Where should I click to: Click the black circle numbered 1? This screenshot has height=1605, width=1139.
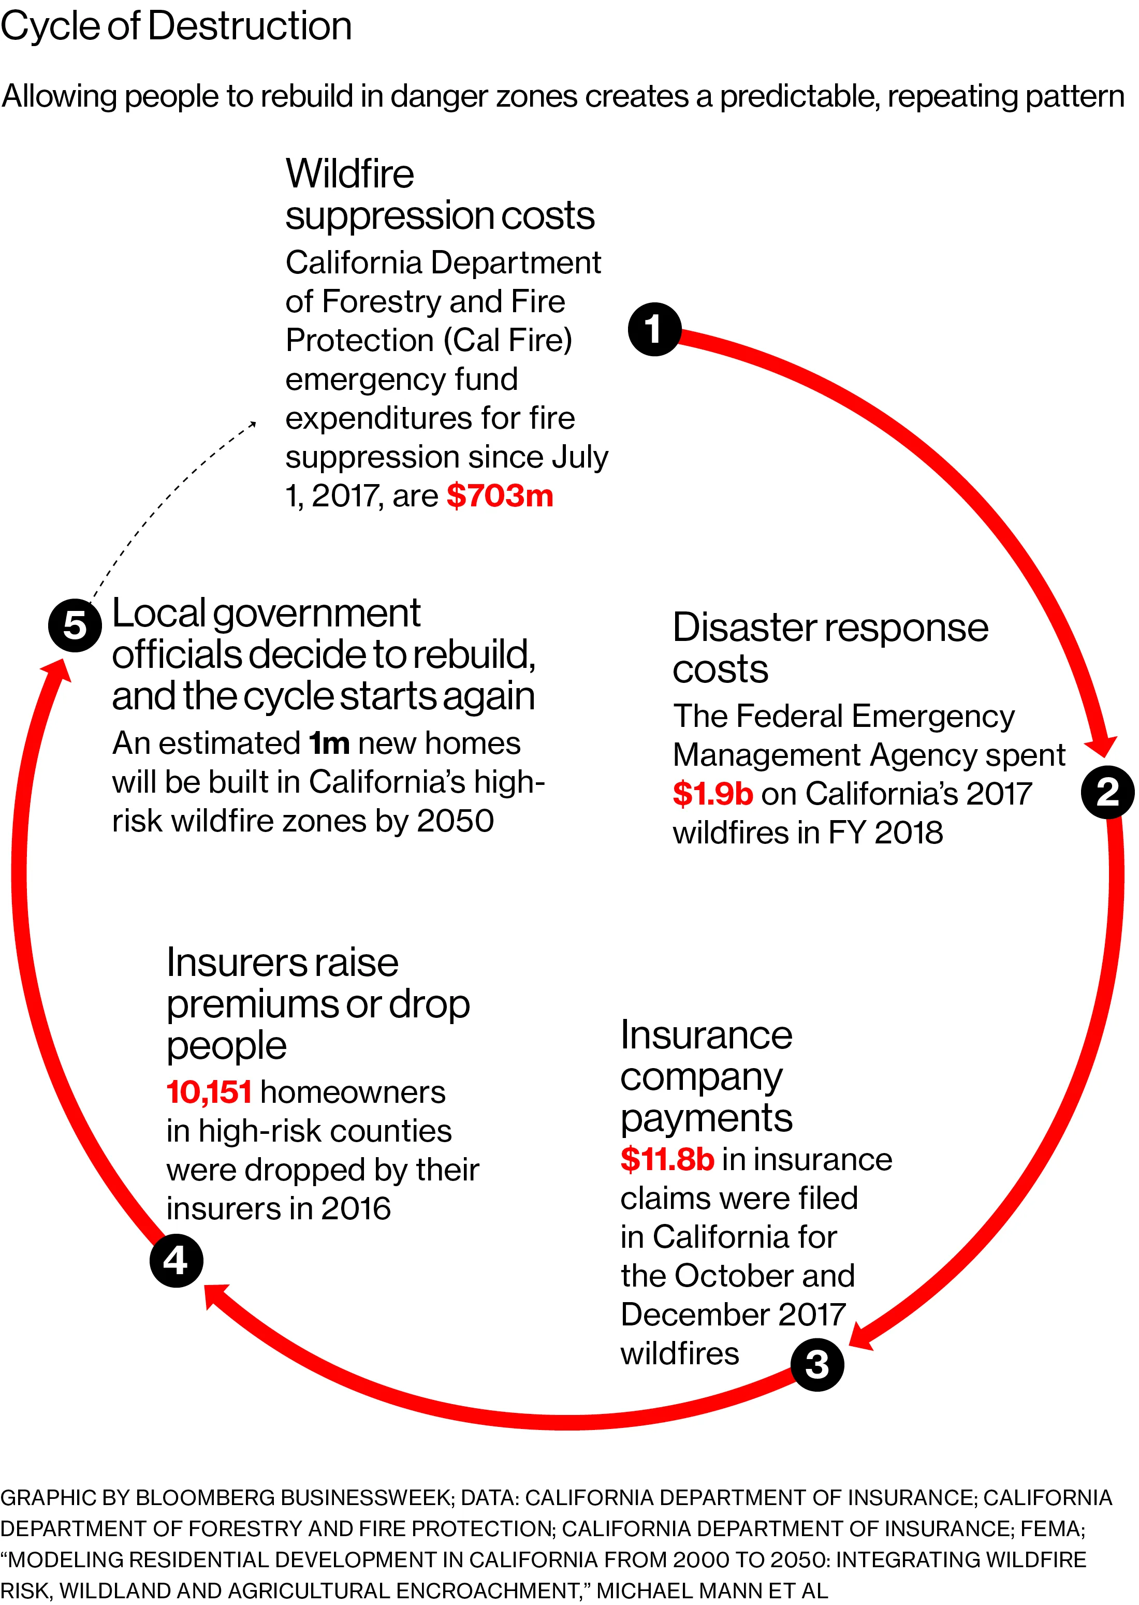(654, 329)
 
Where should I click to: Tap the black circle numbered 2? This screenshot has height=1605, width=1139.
(1107, 792)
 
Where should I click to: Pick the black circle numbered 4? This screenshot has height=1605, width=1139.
(176, 1261)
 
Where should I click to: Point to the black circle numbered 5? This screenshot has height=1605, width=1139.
(75, 625)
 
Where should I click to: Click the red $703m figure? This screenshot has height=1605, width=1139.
(500, 495)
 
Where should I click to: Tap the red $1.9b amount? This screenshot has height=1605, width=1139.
(712, 794)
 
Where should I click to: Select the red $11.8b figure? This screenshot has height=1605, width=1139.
(667, 1160)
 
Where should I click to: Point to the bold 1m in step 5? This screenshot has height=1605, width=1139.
(329, 743)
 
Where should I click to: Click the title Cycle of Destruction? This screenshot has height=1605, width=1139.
(176, 26)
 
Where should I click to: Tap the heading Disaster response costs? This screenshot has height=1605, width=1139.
(830, 647)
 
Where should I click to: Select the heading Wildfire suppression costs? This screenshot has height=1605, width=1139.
(440, 194)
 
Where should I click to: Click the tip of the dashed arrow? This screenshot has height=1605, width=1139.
(255, 422)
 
